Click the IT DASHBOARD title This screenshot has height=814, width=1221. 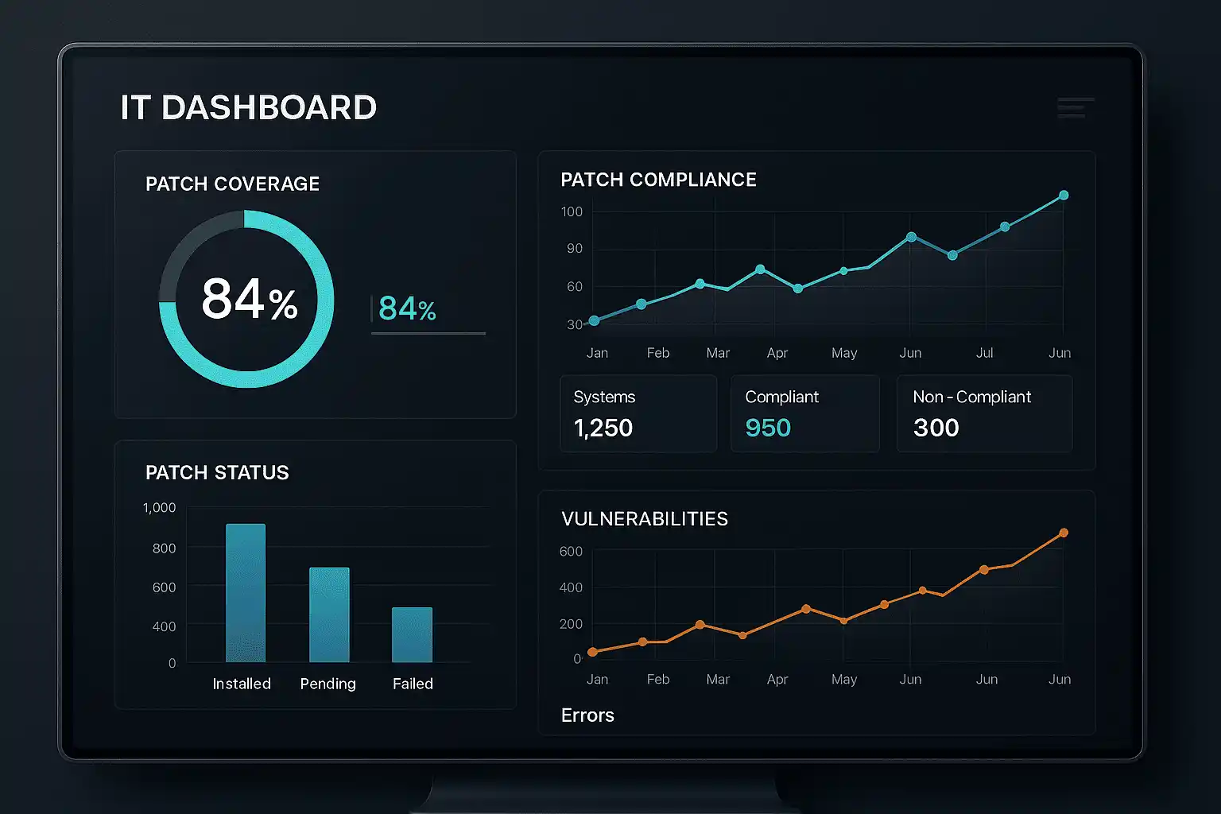pos(248,108)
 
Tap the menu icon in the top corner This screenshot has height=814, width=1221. pos(1075,107)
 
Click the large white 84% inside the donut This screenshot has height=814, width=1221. pos(249,300)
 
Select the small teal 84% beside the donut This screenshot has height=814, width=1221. pos(407,308)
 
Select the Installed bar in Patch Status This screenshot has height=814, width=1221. pos(246,592)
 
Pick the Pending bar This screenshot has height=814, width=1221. pos(329,614)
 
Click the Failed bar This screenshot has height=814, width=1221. pos(412,634)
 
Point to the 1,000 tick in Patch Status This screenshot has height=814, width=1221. pos(159,508)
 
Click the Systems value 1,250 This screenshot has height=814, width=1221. pos(603,428)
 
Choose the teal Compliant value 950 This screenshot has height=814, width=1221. pos(768,428)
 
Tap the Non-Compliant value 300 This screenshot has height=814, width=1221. pos(936,428)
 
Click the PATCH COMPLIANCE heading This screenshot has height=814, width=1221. pos(658,180)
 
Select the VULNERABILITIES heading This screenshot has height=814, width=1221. pos(645,519)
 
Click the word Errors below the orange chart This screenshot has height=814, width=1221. pos(587,715)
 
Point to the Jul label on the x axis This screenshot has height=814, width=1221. pos(984,353)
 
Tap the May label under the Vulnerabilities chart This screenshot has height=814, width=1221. pos(844,680)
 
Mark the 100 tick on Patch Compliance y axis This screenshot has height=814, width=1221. pos(572,211)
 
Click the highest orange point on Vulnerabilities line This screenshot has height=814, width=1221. pos(1064,533)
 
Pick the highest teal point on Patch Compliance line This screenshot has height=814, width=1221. pos(1064,195)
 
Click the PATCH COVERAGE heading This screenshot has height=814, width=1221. pos(232,184)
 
